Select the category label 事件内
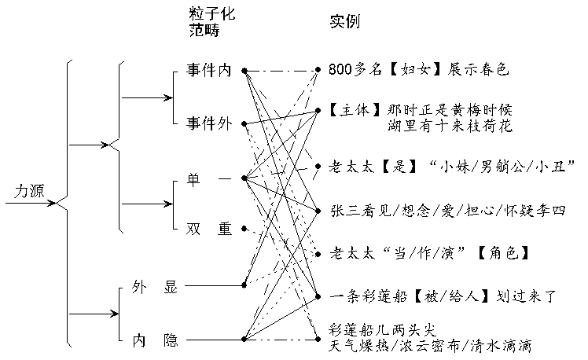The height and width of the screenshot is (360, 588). coord(208,71)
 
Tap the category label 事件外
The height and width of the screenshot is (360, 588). coord(208,123)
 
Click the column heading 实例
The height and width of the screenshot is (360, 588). coord(344,21)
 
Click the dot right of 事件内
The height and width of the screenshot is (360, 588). coord(245,71)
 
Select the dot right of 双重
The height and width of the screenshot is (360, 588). coord(245,229)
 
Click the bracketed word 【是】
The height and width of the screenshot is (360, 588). coord(396,167)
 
